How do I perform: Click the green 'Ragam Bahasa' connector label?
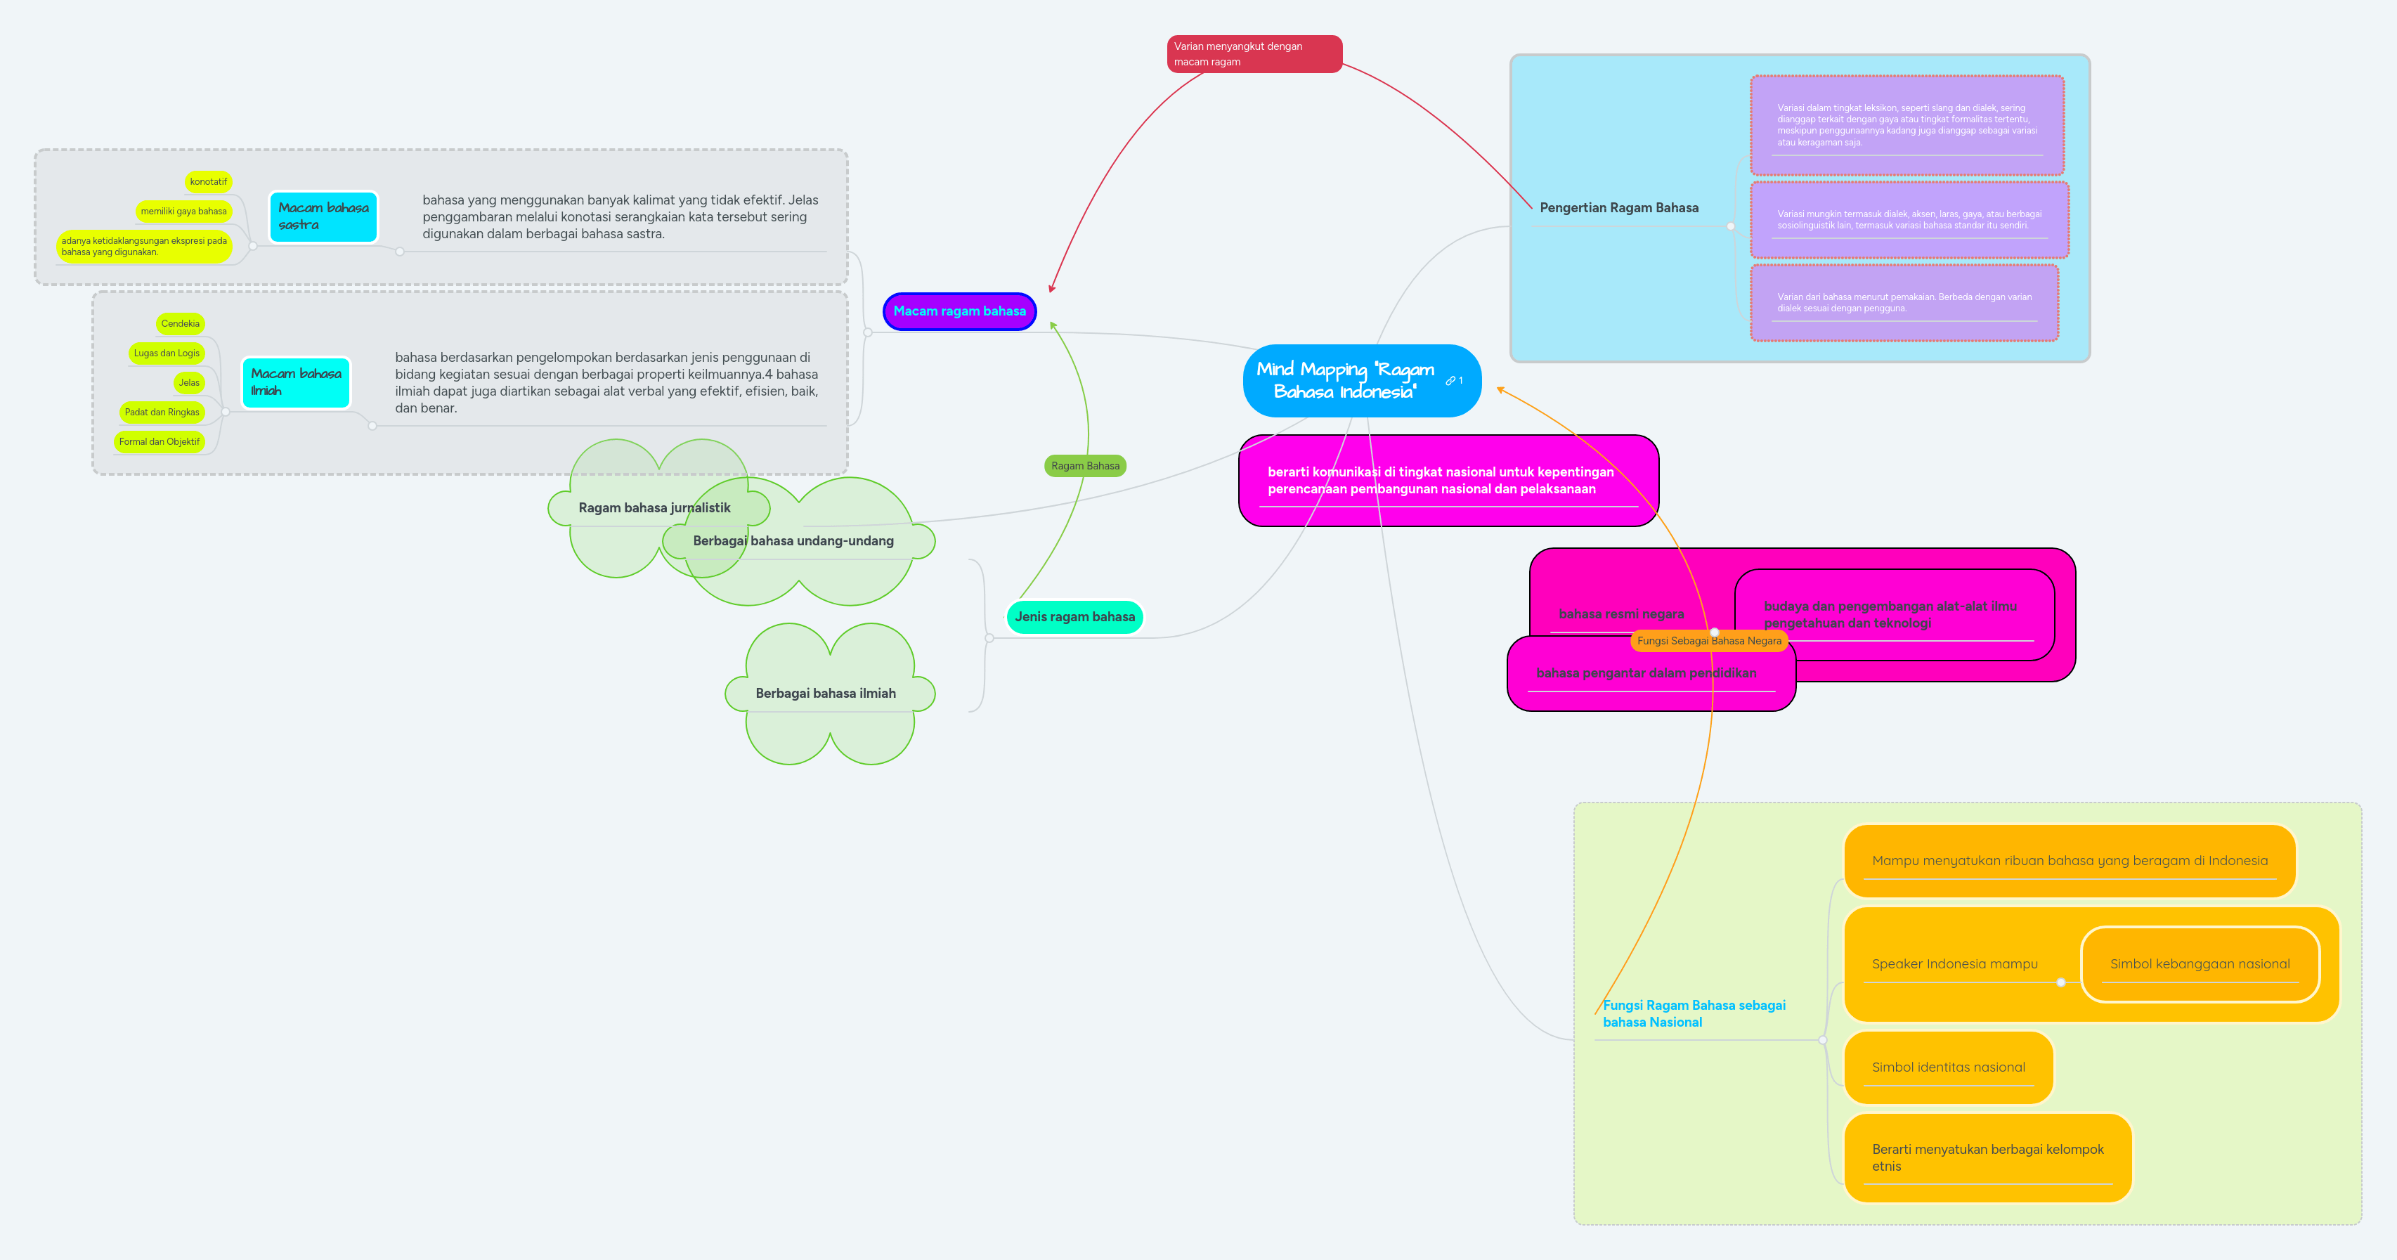pyautogui.click(x=1085, y=466)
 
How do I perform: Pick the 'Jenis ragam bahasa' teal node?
pyautogui.click(x=1074, y=617)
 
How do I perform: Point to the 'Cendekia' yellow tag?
pyautogui.click(x=180, y=324)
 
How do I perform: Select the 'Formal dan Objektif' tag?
pyautogui.click(x=159, y=442)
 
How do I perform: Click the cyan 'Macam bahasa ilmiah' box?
pyautogui.click(x=296, y=382)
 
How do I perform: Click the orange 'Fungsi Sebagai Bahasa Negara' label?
pyautogui.click(x=1708, y=641)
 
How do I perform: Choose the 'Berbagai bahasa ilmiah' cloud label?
pyautogui.click(x=826, y=694)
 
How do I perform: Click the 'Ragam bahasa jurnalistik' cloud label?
pyautogui.click(x=654, y=508)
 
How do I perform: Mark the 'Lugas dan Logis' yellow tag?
pyautogui.click(x=167, y=353)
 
